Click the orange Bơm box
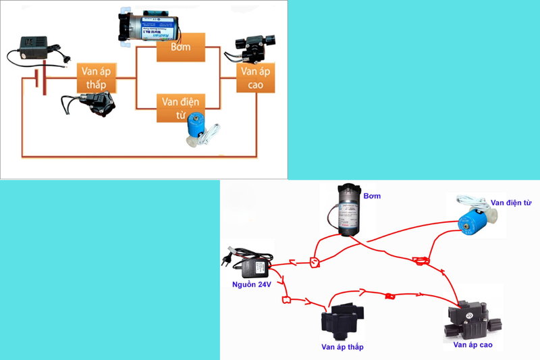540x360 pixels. tap(180, 48)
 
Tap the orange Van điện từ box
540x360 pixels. tap(180, 107)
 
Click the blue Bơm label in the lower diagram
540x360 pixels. tap(372, 196)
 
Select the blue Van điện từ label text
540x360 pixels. tap(512, 201)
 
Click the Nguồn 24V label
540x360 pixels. tap(248, 284)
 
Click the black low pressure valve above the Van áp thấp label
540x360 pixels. tap(342, 321)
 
